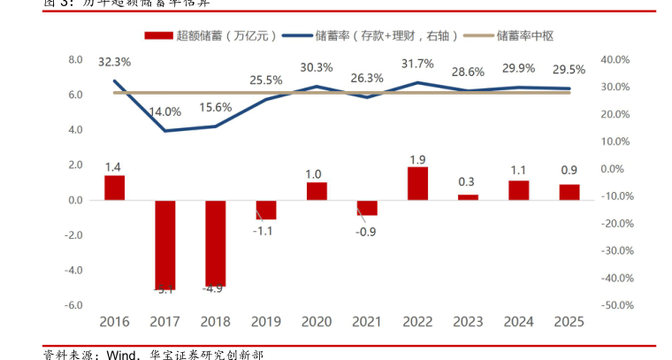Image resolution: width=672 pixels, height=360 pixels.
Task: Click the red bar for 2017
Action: point(165,244)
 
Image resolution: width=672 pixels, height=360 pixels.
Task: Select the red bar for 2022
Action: point(418,183)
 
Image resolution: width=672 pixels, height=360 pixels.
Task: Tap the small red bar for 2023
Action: point(469,197)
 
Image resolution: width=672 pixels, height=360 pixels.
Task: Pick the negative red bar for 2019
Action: point(266,210)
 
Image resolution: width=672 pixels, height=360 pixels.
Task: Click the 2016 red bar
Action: point(115,188)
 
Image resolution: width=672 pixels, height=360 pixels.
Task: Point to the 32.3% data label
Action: point(114,62)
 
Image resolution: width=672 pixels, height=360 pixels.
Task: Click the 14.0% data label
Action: point(165,111)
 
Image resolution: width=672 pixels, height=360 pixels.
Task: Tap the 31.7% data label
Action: point(417,64)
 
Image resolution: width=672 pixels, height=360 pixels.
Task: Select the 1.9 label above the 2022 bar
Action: point(418,160)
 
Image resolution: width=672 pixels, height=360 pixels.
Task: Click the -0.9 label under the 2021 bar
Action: point(366,231)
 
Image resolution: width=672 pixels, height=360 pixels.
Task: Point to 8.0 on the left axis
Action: point(75,60)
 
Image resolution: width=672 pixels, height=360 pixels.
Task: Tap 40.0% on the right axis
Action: point(615,60)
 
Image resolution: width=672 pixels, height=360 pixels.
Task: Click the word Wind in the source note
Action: point(122,354)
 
